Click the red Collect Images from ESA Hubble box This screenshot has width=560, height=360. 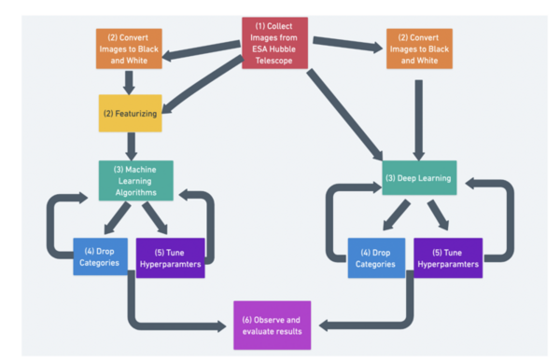(274, 43)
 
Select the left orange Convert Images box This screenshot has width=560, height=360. (130, 48)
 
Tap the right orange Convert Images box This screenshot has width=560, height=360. (419, 48)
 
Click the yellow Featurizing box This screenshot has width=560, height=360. (131, 113)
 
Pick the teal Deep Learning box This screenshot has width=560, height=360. (419, 177)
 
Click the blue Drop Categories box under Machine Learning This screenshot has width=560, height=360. (100, 257)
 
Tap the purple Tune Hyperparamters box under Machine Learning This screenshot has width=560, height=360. (170, 257)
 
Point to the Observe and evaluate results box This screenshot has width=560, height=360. (273, 325)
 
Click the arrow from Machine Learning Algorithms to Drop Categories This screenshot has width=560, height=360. (117, 218)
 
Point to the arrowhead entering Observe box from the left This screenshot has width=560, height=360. (220, 325)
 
